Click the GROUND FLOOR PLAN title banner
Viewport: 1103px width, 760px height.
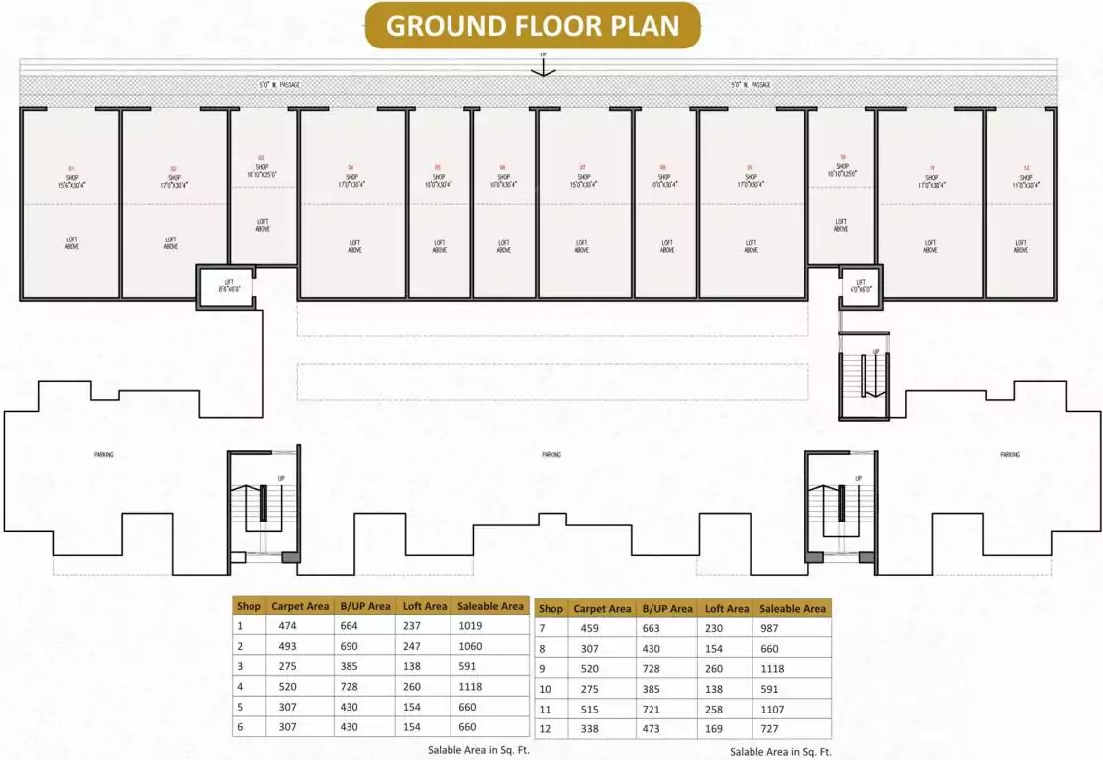coord(533,26)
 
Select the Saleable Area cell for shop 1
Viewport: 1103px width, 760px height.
coord(489,625)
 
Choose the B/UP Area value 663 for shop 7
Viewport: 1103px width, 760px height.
coord(669,628)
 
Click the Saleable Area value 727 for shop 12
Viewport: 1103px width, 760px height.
coord(791,729)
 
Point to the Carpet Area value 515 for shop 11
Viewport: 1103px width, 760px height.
coord(601,710)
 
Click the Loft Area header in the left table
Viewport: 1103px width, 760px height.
coord(425,606)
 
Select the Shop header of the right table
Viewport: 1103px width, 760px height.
coord(551,609)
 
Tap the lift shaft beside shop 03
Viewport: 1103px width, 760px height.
coord(227,287)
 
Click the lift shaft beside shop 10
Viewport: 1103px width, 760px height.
coord(860,285)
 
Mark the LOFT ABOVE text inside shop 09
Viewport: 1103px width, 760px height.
coord(752,247)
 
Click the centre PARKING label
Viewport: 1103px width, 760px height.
coord(551,455)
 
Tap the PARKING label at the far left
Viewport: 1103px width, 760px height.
coord(103,455)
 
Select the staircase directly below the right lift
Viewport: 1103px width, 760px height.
coord(863,374)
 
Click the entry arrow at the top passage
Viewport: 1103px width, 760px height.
coord(543,68)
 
